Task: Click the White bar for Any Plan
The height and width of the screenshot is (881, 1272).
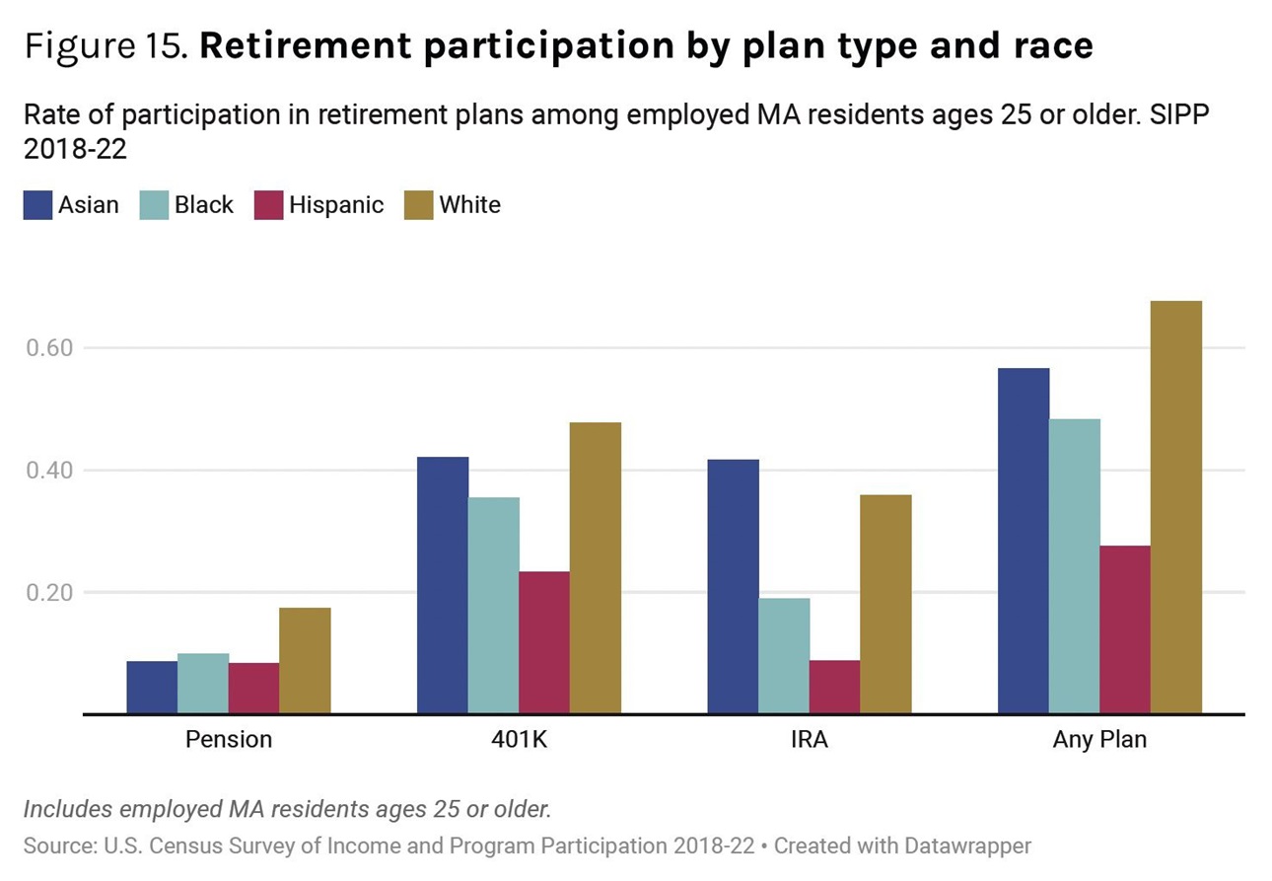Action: (x=1175, y=507)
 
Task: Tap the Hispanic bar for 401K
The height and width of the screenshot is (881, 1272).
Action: (x=543, y=642)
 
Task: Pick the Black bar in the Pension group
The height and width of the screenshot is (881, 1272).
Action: (x=203, y=683)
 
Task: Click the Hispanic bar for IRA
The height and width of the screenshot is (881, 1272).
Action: (x=834, y=687)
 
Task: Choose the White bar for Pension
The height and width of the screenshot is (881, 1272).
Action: (x=305, y=660)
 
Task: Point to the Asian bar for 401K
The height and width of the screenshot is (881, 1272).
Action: (x=443, y=585)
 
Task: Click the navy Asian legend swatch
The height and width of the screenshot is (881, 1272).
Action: (x=37, y=205)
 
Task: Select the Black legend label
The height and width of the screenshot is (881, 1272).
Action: (x=204, y=205)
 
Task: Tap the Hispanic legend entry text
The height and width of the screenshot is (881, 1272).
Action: (x=336, y=205)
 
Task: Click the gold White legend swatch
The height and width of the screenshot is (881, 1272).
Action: (x=419, y=205)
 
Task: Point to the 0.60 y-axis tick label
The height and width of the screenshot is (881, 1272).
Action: (x=49, y=348)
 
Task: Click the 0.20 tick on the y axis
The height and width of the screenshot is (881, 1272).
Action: (x=49, y=593)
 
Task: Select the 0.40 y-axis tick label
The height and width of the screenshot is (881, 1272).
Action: (x=49, y=471)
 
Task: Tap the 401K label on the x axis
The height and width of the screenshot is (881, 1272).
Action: (x=519, y=739)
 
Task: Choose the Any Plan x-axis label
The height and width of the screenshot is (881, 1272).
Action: (x=1099, y=739)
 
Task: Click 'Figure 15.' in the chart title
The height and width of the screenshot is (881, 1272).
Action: (x=106, y=46)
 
